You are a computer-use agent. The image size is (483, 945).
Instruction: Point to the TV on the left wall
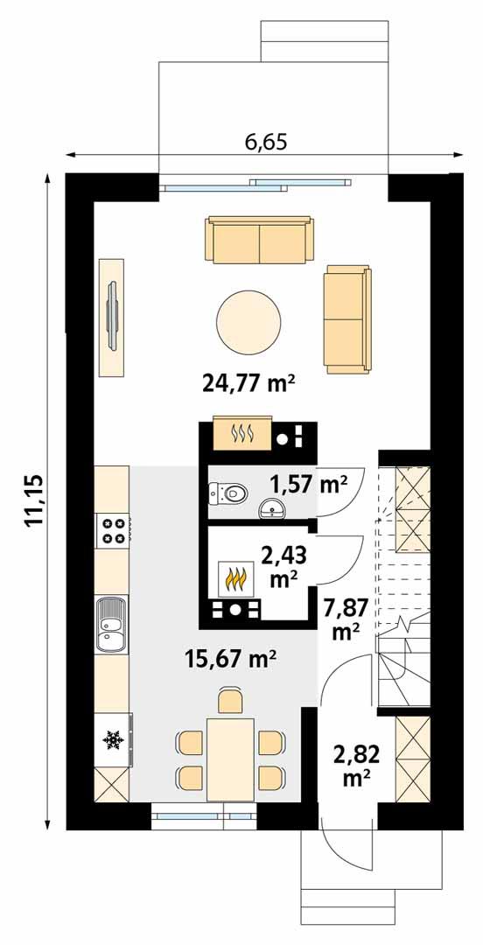[x=111, y=317]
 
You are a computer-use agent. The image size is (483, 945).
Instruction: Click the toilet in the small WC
[x=228, y=494]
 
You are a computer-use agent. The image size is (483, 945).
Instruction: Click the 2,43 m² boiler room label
[x=281, y=563]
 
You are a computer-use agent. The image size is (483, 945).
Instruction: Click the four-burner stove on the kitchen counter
[x=113, y=529]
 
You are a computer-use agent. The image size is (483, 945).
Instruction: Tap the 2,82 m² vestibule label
[x=353, y=761]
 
